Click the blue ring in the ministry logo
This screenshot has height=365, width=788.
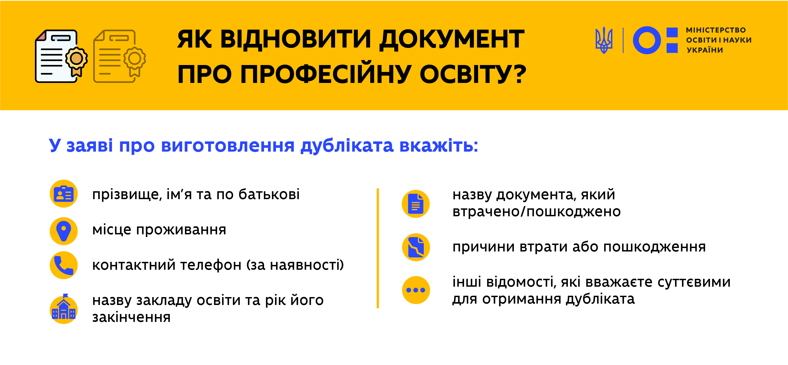647,40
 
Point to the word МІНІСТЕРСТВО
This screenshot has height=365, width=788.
716,30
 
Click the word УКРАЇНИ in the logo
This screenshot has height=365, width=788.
705,50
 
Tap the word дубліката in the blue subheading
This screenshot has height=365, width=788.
347,146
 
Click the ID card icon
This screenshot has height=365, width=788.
64,194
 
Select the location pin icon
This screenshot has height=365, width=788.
64,231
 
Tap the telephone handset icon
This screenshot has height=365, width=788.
64,265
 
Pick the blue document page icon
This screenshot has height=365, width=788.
416,204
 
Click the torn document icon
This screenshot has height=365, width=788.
416,247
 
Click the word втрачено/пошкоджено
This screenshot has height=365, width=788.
537,211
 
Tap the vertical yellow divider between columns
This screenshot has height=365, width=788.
378,248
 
